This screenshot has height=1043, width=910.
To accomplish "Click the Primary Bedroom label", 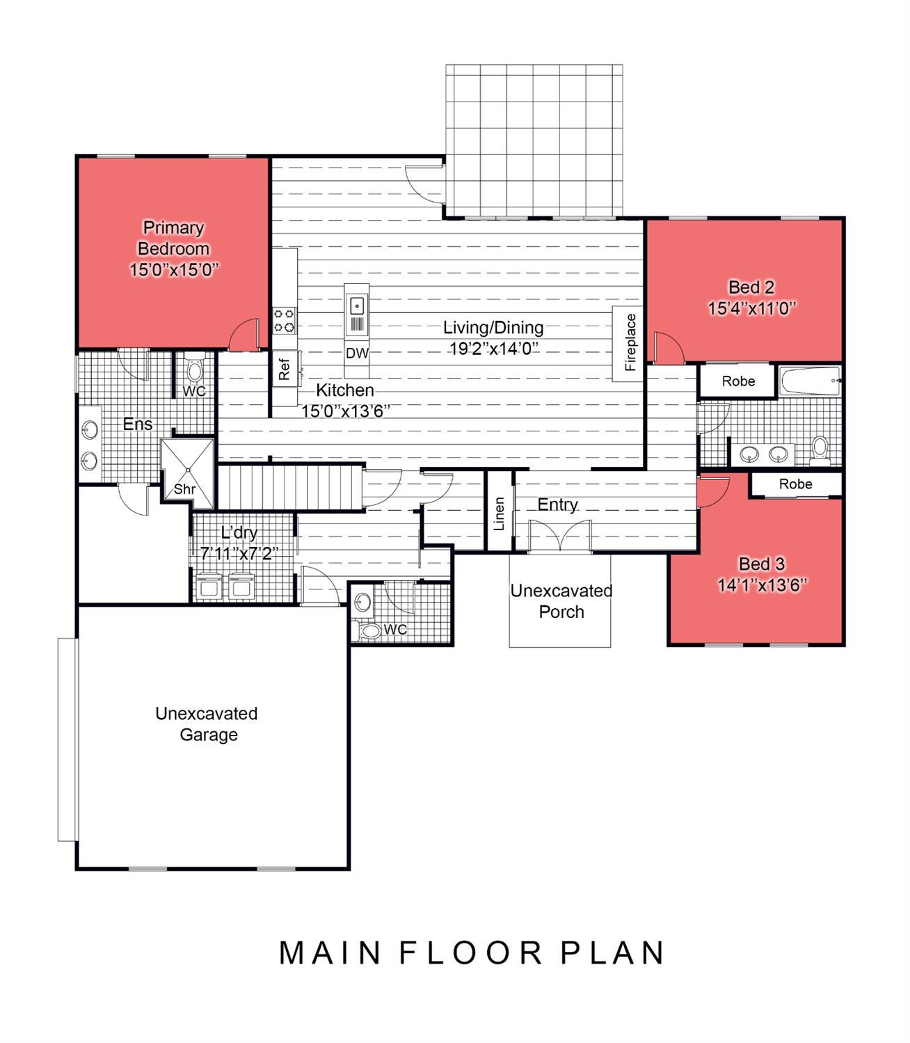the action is (173, 238).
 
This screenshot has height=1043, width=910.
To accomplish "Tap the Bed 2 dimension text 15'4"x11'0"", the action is (751, 308).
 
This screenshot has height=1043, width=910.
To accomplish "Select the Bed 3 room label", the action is (762, 564).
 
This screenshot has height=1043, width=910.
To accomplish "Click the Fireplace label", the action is (630, 342).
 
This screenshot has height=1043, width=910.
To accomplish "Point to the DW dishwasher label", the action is (357, 353).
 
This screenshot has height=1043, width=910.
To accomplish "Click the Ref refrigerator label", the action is (284, 369).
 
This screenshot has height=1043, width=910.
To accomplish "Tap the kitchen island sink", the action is (357, 306).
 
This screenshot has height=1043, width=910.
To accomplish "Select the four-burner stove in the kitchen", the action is (285, 321).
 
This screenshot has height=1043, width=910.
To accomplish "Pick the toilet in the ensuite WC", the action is (195, 369).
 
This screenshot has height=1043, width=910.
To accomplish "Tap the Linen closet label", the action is (499, 513).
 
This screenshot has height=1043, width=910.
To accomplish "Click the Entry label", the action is (557, 504).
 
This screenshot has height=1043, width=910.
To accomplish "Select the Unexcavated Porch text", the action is (561, 601).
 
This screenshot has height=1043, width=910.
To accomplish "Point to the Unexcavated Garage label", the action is (207, 724).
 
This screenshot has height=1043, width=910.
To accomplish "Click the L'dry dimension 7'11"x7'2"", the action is (239, 553).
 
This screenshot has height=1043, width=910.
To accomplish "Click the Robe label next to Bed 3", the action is (795, 484).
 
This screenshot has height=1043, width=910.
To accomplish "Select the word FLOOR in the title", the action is (470, 953).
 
